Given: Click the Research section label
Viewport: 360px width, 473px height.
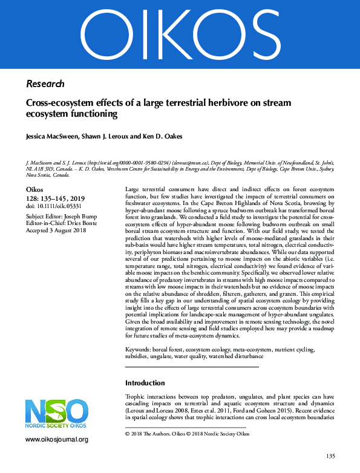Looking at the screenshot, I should click(x=45, y=83).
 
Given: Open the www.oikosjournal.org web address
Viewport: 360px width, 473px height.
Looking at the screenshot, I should click(x=57, y=440).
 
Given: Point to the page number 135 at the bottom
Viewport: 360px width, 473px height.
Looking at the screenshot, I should click(x=330, y=456).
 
